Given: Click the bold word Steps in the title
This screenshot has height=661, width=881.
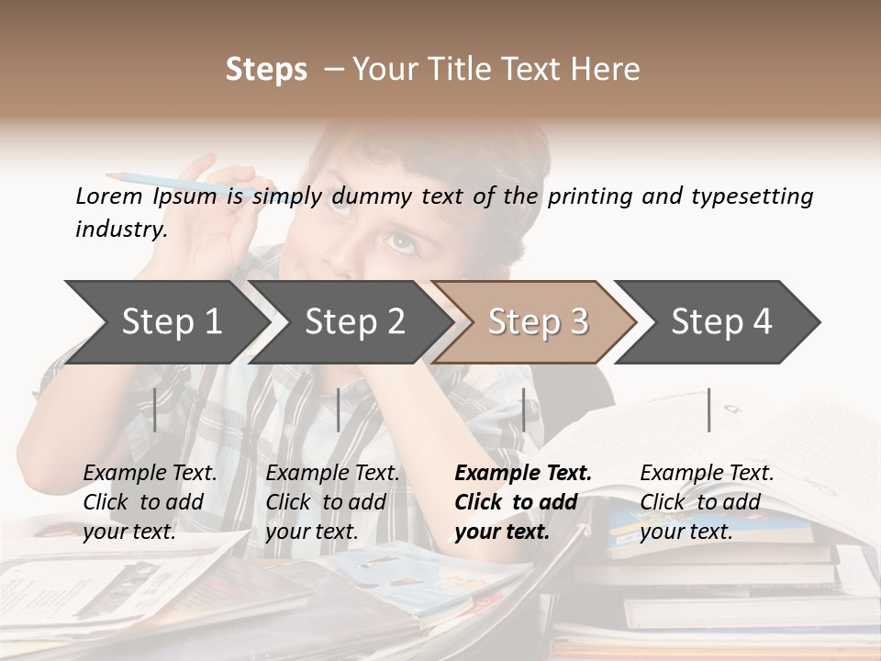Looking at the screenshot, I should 266,70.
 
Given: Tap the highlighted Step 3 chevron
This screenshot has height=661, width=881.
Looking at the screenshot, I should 538,321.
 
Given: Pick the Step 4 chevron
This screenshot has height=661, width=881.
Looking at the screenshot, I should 721,321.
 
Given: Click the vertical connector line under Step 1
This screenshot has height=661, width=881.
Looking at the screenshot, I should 155,409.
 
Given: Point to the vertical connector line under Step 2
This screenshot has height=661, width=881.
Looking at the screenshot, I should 339,409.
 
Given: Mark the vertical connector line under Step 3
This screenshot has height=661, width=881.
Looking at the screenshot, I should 523,409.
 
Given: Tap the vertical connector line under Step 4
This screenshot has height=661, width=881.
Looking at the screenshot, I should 709,409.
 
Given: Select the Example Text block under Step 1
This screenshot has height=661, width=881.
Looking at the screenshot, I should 150,502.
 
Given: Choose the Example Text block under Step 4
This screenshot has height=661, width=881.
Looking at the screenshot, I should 707,502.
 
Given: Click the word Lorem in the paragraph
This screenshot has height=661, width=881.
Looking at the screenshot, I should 108,196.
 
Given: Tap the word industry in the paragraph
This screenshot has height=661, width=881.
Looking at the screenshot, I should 121,229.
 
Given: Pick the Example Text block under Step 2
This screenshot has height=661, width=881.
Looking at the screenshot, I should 332,502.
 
